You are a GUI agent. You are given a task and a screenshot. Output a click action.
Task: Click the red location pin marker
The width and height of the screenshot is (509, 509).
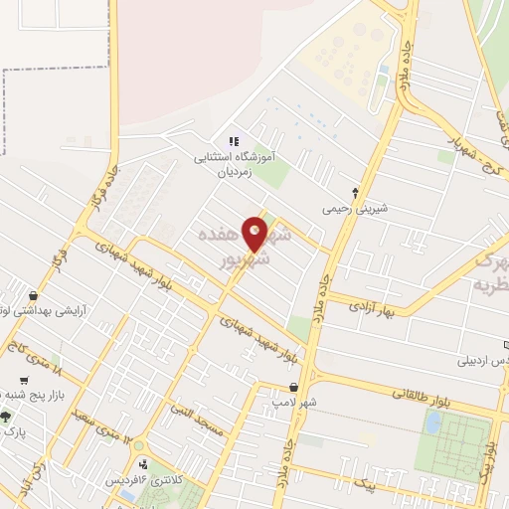pyautogui.click(x=255, y=234)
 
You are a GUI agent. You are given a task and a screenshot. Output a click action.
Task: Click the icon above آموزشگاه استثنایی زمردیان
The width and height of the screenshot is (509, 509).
pyautogui.click(x=235, y=142)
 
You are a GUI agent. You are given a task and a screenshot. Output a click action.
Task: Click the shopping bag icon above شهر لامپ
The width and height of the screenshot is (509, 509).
pyautogui.click(x=293, y=387)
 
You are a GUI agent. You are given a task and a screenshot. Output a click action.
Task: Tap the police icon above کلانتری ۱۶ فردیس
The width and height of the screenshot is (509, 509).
pyautogui.click(x=146, y=463)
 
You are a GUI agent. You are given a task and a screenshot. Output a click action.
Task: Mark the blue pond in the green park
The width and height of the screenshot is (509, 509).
pyautogui.click(x=432, y=423)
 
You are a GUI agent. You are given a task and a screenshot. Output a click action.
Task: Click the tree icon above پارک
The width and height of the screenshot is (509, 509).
pyautogui.click(x=6, y=417)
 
